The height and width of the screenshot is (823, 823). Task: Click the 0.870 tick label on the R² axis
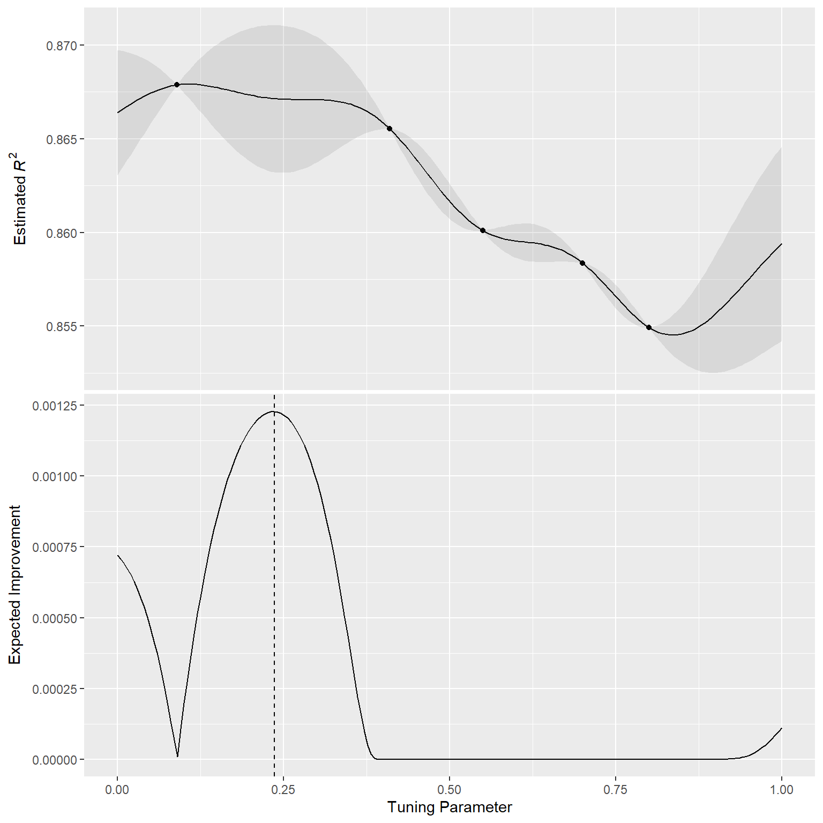pos(62,46)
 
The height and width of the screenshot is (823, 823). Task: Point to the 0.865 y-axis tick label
pos(62,140)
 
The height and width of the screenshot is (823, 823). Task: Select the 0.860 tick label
pos(62,234)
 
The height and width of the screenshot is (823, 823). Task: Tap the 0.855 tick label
pos(62,327)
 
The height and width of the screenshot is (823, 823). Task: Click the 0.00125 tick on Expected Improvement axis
pos(55,406)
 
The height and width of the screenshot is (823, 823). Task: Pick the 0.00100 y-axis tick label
pos(55,477)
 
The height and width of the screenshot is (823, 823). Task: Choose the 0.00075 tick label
pos(55,548)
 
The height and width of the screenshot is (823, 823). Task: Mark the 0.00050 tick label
pos(55,618)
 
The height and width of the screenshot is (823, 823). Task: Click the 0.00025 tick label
pos(55,689)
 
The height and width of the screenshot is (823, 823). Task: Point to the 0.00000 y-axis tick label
pos(55,760)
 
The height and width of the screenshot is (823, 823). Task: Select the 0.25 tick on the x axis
pos(283,789)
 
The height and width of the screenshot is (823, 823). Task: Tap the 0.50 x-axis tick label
pos(450,789)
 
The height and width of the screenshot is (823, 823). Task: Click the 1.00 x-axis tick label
pos(782,789)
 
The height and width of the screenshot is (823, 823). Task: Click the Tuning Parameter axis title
pos(450,807)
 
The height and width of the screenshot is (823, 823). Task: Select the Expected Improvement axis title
pos(15,585)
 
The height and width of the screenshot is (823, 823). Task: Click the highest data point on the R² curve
pos(177,85)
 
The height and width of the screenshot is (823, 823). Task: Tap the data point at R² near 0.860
pos(483,230)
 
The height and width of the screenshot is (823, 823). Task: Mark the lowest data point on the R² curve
pos(649,327)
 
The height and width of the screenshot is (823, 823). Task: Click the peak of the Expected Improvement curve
pos(274,411)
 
